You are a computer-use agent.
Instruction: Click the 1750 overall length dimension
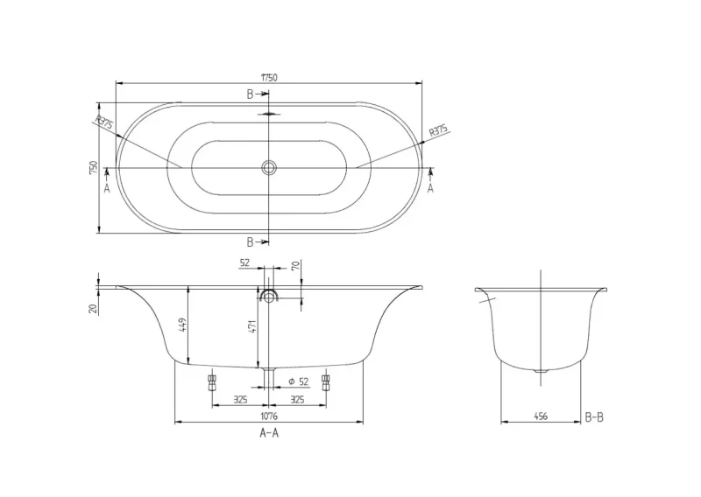click(269, 77)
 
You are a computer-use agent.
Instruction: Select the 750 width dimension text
click(94, 167)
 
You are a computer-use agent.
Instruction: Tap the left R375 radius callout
click(104, 122)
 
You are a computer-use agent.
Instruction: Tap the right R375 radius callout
click(438, 131)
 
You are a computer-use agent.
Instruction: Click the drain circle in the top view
click(269, 167)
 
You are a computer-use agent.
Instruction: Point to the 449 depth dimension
click(182, 325)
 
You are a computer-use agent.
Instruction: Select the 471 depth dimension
click(251, 326)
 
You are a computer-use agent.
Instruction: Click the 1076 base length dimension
click(269, 416)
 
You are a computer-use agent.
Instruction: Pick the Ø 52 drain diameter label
click(299, 381)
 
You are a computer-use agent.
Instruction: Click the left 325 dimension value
click(240, 399)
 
